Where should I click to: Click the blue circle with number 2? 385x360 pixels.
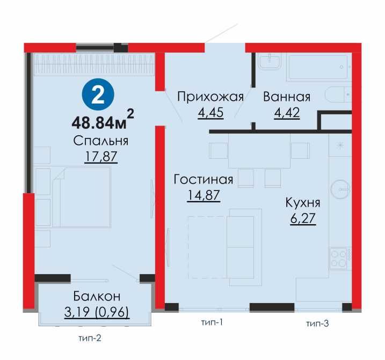click(97, 95)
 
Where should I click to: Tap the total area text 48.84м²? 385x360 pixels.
click(102, 121)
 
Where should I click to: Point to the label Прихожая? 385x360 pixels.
click(210, 97)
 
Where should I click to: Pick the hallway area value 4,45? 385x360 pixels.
click(210, 113)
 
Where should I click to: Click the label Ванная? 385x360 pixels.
click(287, 97)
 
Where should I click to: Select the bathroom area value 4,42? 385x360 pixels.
click(287, 113)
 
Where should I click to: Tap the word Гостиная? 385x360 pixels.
click(203, 179)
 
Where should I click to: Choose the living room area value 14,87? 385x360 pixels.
click(203, 195)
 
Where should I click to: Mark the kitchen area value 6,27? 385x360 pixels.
click(303, 219)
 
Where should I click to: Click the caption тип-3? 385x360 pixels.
click(317, 323)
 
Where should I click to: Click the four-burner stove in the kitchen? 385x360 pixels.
click(340, 258)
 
